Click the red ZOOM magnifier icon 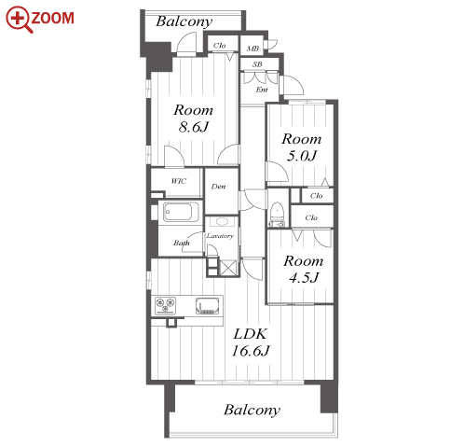pos(20,20)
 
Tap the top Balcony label pos(184,21)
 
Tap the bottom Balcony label pos(252,411)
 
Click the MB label pos(252,49)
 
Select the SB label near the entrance pos(257,64)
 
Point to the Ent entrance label pos(262,90)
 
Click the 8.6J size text pos(194,127)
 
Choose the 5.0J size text pos(301,156)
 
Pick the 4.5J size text pos(304,277)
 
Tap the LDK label pos(250,334)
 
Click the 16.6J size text pos(251,351)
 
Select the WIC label pos(179,181)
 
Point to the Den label pos(218,187)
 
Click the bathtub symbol pos(181,212)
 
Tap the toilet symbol pos(276,215)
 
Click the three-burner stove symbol pos(165,304)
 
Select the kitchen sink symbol pos(207,305)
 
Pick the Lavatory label pos(220,236)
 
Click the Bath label pos(182,243)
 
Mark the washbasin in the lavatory pos(222,221)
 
